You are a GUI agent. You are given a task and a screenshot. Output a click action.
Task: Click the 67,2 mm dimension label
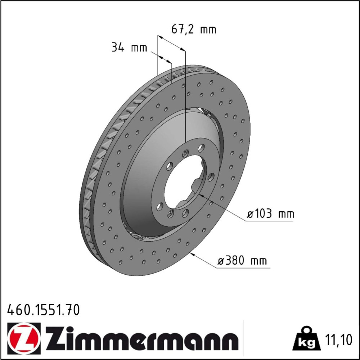point(194,30)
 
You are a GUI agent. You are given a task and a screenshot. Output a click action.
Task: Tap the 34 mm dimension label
point(129,48)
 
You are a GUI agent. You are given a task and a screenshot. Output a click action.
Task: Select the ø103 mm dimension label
point(270,214)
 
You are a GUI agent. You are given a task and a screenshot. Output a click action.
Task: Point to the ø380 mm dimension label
point(242,261)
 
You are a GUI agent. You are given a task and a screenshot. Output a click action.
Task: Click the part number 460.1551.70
point(44,310)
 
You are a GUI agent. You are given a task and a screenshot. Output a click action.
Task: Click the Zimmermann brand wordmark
point(141,339)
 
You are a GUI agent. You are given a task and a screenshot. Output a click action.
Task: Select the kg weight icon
point(306,339)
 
